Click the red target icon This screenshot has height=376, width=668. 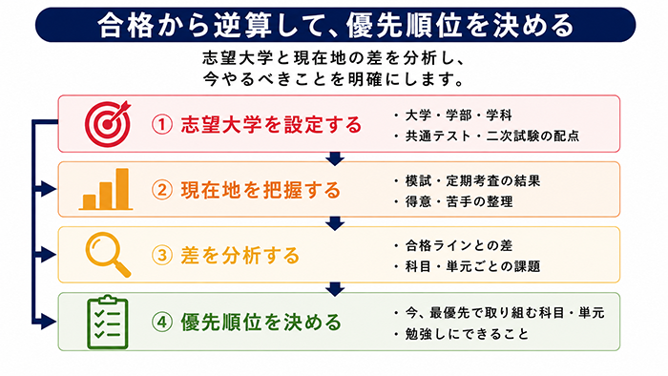coord(108,124)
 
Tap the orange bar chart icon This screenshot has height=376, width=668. coord(106,189)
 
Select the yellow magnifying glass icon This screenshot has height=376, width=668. coord(108,255)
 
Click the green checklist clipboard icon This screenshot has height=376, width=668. coord(108,322)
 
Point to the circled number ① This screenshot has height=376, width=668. coord(162,125)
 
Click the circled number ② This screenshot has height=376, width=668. coord(162,190)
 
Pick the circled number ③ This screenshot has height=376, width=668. coord(162,256)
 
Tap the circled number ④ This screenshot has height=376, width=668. coord(162,323)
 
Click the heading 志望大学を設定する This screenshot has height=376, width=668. coord(271,125)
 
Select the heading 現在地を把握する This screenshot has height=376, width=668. coord(261,190)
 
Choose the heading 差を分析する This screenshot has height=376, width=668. coord(240,256)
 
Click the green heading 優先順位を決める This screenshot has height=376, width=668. coord(261,323)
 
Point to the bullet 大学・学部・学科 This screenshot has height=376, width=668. coord(458,115)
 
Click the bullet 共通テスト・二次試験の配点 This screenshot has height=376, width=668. coord(492,136)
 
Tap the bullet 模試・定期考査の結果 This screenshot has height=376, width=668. coord(472,180)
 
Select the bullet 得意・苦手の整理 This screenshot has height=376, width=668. coord(459,201)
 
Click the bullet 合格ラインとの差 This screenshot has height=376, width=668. coord(458,245)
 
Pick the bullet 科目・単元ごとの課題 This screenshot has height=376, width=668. coord(472,266)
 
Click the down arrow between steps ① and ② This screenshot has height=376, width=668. coord(335,158)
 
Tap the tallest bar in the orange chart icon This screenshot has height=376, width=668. coord(122,189)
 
